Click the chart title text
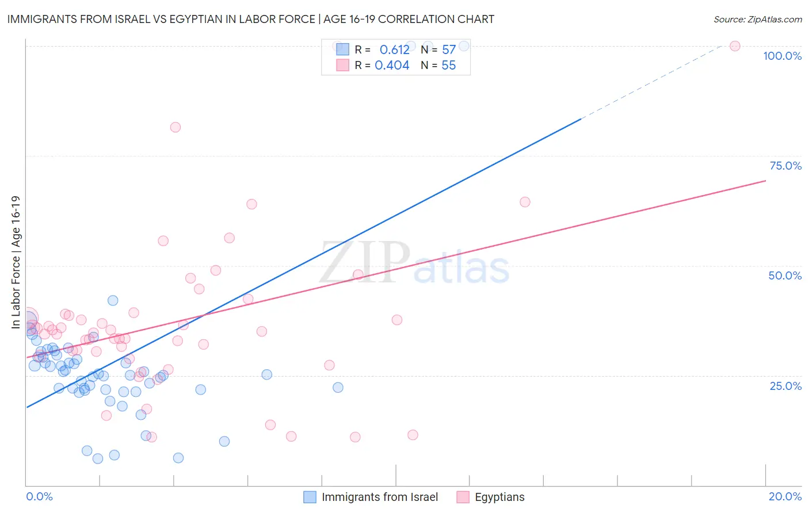(250, 19)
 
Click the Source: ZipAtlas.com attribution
(757, 19)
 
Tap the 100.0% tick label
(782, 56)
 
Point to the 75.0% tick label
(785, 166)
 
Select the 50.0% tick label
(785, 275)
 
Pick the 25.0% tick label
(785, 386)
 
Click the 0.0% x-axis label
(39, 496)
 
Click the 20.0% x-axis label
(785, 496)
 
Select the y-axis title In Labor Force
(16, 262)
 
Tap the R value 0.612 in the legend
(394, 50)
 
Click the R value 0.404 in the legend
(392, 66)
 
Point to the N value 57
(449, 50)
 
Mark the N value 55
(449, 66)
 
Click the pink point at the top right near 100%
(735, 46)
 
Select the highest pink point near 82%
(175, 127)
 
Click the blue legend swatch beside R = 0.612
(342, 49)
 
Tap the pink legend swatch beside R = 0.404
(342, 65)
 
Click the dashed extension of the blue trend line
(650, 81)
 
